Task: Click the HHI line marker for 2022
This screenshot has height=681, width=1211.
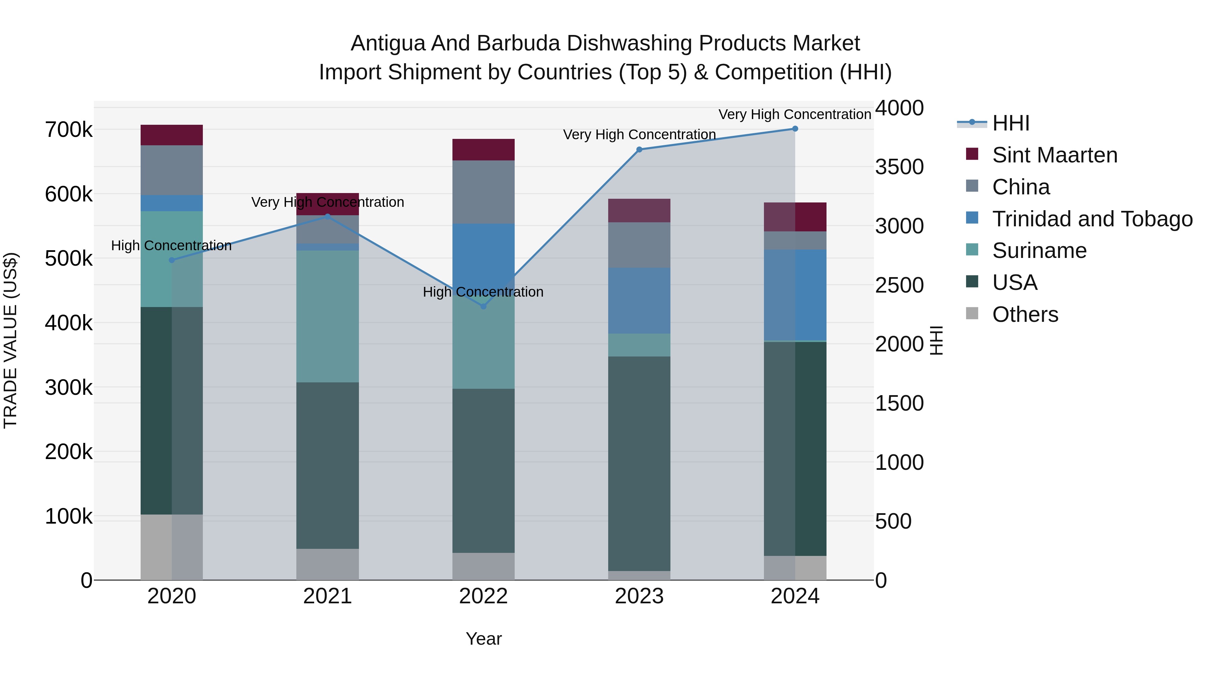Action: tap(483, 306)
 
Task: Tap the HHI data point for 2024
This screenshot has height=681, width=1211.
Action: tap(795, 129)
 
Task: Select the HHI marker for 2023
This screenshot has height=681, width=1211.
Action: tap(639, 149)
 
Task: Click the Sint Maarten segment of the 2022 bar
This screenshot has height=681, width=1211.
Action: tap(483, 149)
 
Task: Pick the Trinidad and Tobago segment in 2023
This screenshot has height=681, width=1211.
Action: tap(639, 301)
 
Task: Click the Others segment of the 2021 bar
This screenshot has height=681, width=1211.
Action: tap(327, 564)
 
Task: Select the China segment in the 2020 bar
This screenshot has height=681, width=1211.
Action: tap(172, 170)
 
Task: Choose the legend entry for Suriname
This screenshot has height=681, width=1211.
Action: tap(1039, 251)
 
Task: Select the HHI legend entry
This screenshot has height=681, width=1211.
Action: tap(1011, 123)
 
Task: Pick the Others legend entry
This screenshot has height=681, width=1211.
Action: tap(1025, 314)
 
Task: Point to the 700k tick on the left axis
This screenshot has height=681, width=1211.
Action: tap(69, 130)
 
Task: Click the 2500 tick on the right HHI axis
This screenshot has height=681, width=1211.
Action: tap(899, 285)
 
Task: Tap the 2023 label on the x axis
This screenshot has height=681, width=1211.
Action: tap(639, 596)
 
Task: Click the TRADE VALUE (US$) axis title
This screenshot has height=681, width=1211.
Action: tap(10, 340)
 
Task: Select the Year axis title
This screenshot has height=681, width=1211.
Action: tap(483, 639)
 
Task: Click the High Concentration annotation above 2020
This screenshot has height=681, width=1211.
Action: tap(171, 245)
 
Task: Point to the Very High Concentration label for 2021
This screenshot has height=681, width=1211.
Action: tap(328, 202)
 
